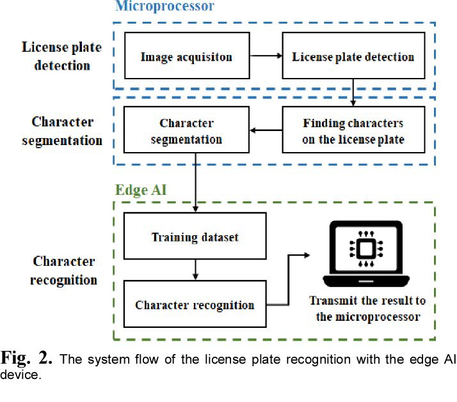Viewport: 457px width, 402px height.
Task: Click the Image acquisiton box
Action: pos(186,56)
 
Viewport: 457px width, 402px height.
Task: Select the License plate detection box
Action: pos(353,56)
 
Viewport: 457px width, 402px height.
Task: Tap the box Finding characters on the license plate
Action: pos(353,130)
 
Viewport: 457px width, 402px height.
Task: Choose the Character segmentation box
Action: pos(186,130)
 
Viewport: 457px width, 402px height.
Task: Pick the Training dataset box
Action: pos(195,237)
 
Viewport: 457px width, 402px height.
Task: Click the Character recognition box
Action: pos(195,304)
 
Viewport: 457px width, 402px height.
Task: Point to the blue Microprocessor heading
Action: pos(164,7)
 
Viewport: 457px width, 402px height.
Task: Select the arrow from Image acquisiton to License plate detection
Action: pos(266,56)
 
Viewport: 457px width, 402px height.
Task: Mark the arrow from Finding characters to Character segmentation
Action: pos(266,130)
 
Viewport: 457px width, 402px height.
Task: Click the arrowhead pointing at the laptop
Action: pos(307,254)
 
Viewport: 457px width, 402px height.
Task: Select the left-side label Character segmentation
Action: pos(63,130)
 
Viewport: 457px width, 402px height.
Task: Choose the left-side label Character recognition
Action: pos(63,270)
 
